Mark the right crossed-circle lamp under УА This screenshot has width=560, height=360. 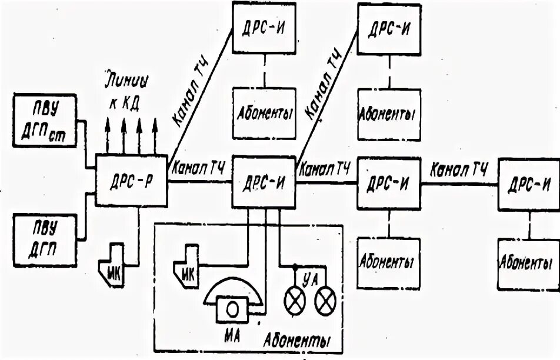tap(324, 302)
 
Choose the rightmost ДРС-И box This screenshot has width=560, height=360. tap(528, 183)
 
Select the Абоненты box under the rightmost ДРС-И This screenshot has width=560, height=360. tap(528, 262)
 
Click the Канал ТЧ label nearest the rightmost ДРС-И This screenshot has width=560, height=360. tap(459, 171)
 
